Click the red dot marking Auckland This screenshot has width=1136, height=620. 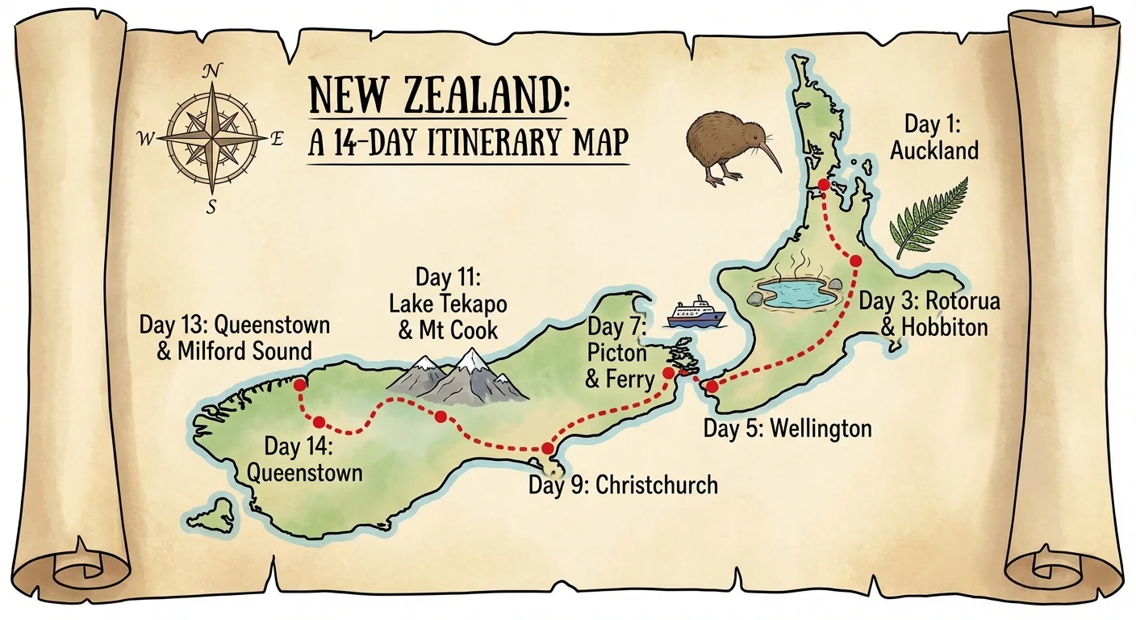coord(823,185)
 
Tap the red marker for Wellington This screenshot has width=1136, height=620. coord(712,387)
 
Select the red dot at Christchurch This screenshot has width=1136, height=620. coord(548,448)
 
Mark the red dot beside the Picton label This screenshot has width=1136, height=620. coord(669,374)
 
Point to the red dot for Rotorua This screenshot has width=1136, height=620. coord(855,260)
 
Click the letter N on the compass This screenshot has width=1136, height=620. coord(211,72)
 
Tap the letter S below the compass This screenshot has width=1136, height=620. coord(211,207)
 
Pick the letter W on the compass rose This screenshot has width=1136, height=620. coord(146,140)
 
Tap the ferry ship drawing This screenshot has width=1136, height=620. coord(696,312)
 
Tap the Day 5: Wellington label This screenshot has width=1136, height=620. coord(787,427)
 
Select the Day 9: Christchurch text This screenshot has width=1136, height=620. coord(622,484)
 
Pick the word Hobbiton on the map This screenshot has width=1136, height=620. coord(933,327)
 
